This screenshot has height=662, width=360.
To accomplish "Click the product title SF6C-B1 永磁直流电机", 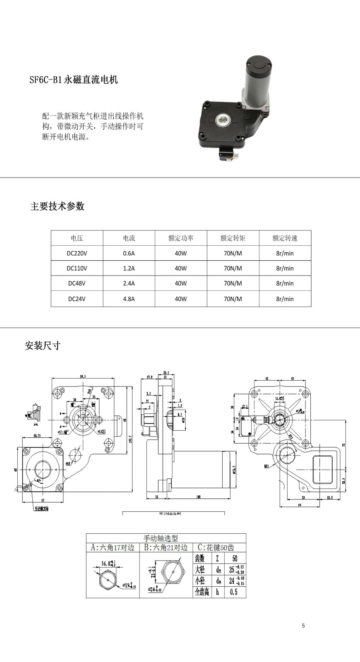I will pos(74,79).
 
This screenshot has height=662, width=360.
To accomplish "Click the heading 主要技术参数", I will pos(57,206).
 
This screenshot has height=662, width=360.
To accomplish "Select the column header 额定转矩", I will pos(233,238).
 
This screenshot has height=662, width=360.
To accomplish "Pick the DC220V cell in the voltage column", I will pos(77,253).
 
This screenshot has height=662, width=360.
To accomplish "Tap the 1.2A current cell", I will pos(129,268).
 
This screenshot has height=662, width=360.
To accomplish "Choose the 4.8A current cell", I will pos(129,299).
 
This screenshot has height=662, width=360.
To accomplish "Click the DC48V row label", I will pos(77,283).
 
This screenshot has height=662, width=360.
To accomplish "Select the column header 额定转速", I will pos(285,238).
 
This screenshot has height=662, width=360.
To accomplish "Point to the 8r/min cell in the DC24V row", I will pos(285,299).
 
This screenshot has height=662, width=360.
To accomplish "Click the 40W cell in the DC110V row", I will pos(181,268).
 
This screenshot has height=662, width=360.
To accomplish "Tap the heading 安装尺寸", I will pos(43,345).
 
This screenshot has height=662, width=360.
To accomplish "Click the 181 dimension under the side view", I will pos(199,496).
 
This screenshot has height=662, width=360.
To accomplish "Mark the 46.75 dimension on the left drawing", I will pos(37,436).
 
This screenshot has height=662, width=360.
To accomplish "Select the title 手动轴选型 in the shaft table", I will pos(161,538).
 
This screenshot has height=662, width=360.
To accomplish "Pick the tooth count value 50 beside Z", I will pos(235,558).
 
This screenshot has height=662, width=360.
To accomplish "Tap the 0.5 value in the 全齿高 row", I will pos(234,592).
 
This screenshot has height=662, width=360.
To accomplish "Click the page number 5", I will pos(303,625).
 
